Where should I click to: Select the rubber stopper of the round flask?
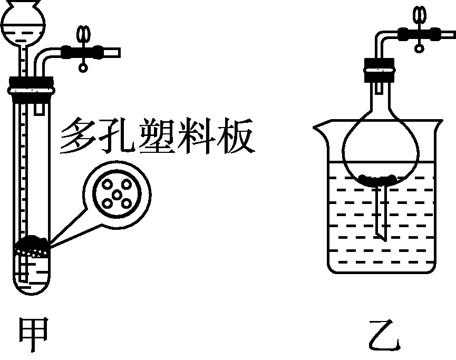tap(380, 67)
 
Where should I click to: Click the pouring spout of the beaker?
tap(319, 127)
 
